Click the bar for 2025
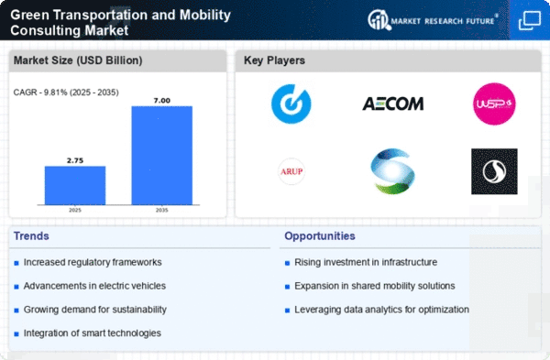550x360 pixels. coord(75,185)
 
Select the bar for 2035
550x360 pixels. coord(162,156)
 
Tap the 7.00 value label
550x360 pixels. coord(162,101)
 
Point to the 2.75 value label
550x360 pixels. coord(75,160)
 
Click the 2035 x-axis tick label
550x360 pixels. coord(162,211)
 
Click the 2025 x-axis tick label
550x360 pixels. coord(75,211)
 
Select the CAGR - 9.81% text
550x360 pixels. coord(41,93)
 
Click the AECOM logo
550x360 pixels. coord(393,104)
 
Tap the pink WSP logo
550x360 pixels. coord(494,104)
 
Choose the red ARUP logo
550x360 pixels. coord(291,171)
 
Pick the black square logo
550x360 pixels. coord(494,171)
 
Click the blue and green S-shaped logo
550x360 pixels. coord(393,171)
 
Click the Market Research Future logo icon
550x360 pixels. coord(379,20)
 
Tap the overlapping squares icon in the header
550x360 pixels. coord(530,20)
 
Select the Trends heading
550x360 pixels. coord(31,236)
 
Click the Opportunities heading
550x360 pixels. coord(320,236)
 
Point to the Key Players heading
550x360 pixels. coord(274,60)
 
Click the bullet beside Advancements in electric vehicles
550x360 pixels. coord(16,287)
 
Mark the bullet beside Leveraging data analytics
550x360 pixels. coord(287,311)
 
